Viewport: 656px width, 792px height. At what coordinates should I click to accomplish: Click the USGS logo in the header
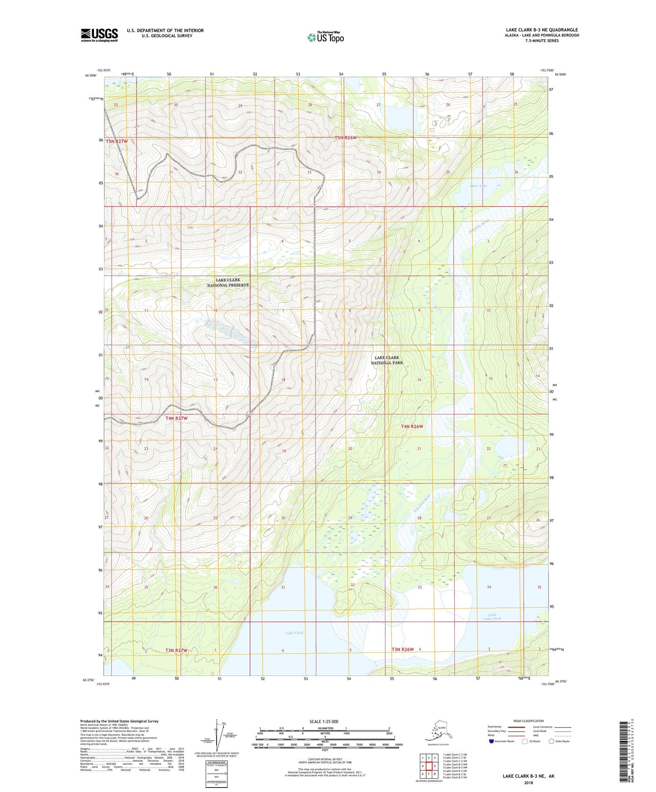(99, 35)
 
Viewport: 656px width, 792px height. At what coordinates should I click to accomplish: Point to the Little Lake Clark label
(492, 617)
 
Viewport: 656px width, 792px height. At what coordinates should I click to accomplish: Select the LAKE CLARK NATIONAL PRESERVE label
(228, 283)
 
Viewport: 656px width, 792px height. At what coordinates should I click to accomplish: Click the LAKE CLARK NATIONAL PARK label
(387, 360)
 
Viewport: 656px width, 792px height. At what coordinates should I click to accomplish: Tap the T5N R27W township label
(117, 142)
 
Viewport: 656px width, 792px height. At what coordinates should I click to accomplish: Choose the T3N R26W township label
(403, 649)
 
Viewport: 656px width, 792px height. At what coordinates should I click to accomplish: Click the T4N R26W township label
(412, 426)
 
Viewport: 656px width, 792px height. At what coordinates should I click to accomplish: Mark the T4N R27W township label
(176, 418)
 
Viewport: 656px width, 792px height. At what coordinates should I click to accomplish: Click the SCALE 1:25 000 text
(324, 721)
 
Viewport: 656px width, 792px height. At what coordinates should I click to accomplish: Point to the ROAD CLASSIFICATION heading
(528, 721)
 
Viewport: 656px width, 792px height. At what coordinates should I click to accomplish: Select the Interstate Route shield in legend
(492, 741)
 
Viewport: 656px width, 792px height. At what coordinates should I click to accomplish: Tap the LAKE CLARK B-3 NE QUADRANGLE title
(542, 30)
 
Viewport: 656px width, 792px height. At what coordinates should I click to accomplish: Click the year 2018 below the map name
(528, 782)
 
